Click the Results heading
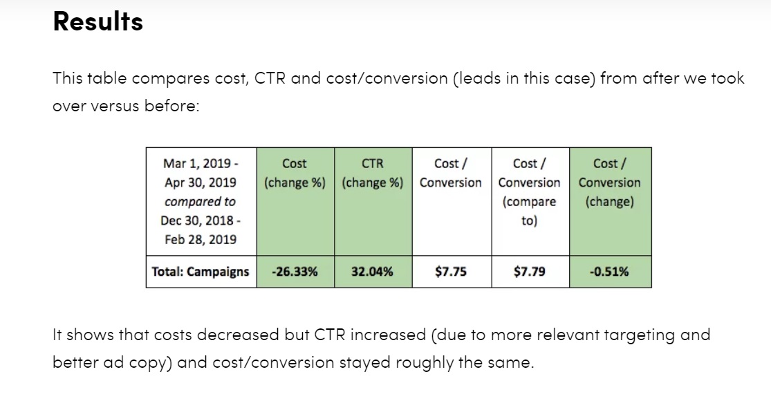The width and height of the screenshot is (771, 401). tap(97, 22)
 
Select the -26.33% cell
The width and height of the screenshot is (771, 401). tap(295, 272)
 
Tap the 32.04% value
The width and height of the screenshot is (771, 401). tap(372, 272)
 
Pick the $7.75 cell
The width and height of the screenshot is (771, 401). tap(451, 272)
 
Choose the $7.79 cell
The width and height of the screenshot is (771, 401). tap(530, 272)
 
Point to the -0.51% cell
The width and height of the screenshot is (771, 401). tap(609, 272)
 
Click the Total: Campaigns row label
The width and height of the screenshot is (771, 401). tap(201, 272)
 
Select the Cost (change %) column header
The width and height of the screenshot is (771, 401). tap(295, 173)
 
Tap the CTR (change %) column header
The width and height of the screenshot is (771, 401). tap(372, 173)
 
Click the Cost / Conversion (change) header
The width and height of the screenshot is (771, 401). tap(609, 183)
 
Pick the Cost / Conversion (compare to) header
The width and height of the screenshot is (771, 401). tap(530, 192)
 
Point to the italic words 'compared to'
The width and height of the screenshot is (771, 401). tap(200, 202)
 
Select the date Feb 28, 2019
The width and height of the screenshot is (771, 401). tap(201, 240)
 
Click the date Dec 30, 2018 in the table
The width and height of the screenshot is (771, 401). tap(197, 221)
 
